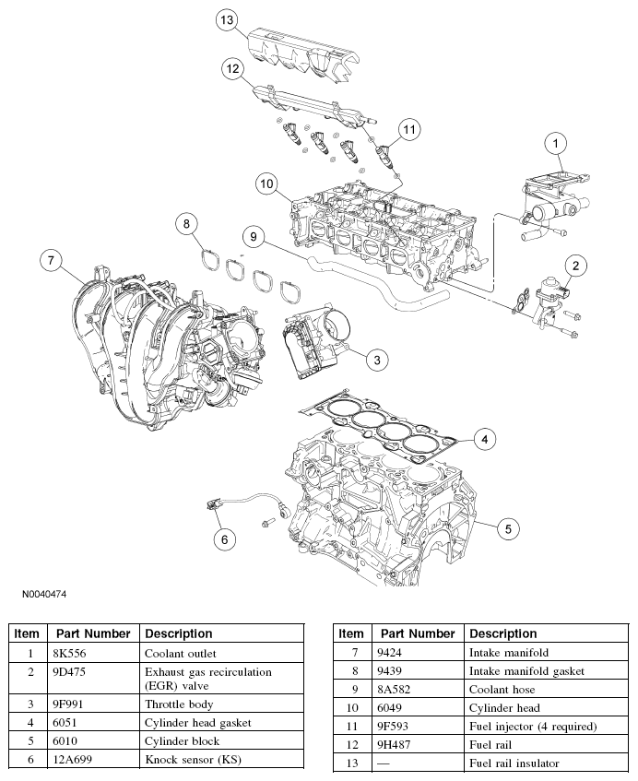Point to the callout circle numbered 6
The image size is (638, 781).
coord(221,538)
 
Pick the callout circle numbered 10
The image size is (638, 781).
coord(268,184)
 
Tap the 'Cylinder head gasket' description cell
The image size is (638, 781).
coord(197,723)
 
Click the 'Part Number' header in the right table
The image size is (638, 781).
coord(418,633)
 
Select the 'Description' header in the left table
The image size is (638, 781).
coord(178,633)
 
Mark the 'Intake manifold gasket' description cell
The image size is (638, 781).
coord(526,671)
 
